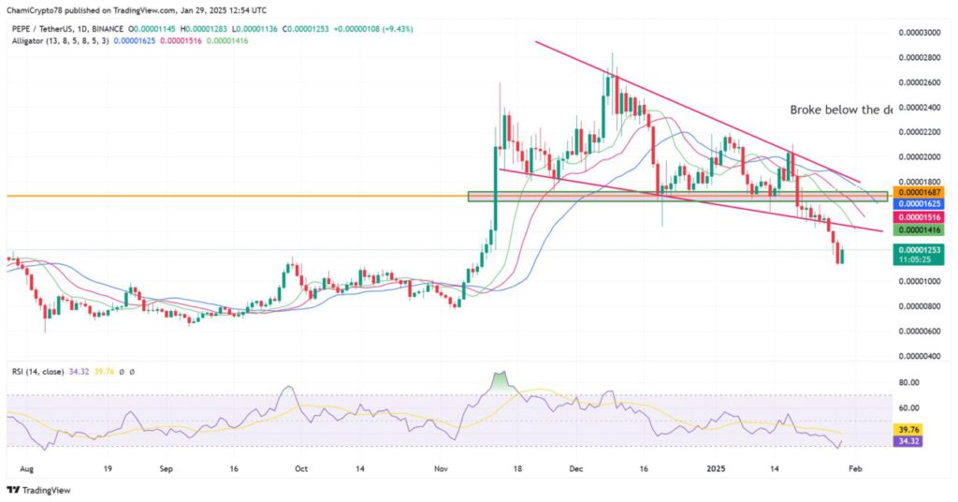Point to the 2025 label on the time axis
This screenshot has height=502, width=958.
point(715,465)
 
